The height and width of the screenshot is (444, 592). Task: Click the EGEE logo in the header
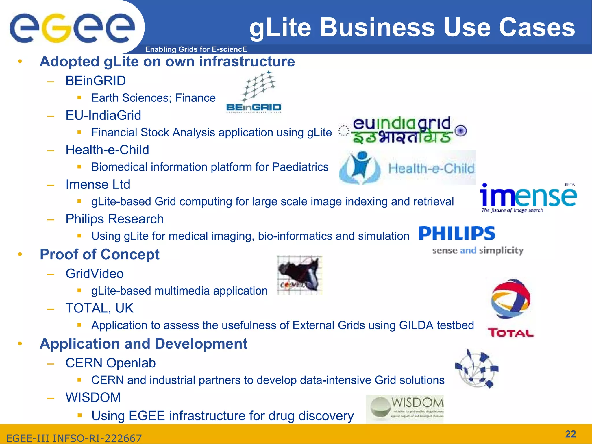72,28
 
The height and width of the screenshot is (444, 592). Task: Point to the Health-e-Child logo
408,168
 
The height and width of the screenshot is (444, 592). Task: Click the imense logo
528,198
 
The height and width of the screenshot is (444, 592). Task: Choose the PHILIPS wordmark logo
457,234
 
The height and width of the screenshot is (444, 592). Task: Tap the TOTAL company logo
511,308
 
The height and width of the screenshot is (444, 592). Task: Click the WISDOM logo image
405,409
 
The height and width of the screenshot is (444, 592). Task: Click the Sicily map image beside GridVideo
299,275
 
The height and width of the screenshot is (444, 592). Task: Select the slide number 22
570,434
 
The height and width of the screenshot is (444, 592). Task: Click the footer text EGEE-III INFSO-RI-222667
74,438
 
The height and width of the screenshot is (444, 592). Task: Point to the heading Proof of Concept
99,254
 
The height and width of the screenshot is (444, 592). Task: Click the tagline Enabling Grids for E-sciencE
196,49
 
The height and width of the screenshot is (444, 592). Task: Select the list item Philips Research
114,219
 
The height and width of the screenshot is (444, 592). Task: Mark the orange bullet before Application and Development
20,344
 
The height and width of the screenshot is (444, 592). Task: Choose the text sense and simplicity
478,250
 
